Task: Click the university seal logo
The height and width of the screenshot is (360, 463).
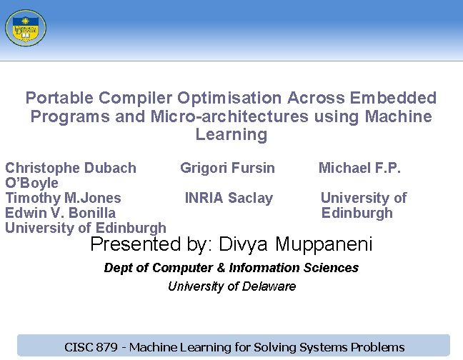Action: pyautogui.click(x=25, y=28)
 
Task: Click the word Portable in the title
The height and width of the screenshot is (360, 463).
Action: pyautogui.click(x=59, y=98)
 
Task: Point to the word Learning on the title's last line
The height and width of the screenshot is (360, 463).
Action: pyautogui.click(x=231, y=134)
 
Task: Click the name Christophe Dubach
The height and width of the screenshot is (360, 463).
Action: pyautogui.click(x=71, y=168)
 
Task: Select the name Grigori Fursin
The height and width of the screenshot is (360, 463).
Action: pyautogui.click(x=227, y=168)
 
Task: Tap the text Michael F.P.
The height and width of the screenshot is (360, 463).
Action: pyautogui.click(x=359, y=168)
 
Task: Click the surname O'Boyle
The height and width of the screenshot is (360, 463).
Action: pyautogui.click(x=31, y=183)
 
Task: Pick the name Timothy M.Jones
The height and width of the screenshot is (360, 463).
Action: pyautogui.click(x=63, y=198)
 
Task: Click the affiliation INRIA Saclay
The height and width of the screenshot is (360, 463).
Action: pyautogui.click(x=229, y=198)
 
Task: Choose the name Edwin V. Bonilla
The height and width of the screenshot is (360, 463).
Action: pyautogui.click(x=60, y=213)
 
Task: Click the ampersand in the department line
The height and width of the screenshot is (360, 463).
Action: pyautogui.click(x=219, y=268)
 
